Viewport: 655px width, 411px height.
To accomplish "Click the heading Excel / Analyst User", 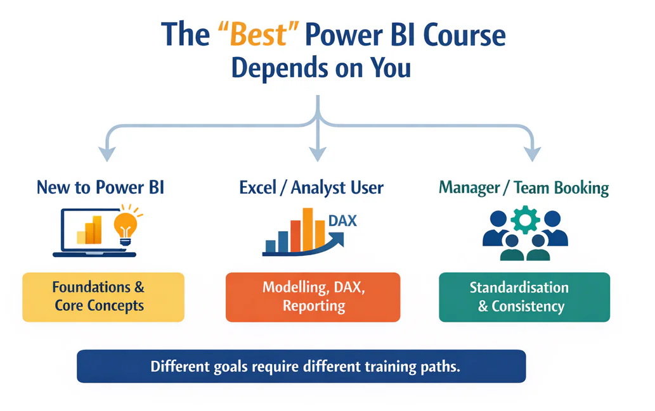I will point(311,187).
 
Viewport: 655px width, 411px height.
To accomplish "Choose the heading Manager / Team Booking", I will point(524,187).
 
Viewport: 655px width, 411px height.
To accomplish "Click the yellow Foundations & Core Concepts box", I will point(103,296).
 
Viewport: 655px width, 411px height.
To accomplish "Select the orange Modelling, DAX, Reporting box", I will point(313,296).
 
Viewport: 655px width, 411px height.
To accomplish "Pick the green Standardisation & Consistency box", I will point(524,296).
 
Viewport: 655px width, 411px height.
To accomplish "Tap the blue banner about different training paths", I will point(301,366).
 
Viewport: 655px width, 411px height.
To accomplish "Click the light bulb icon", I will point(125,224).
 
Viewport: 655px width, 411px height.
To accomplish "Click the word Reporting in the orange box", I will point(313,306).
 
